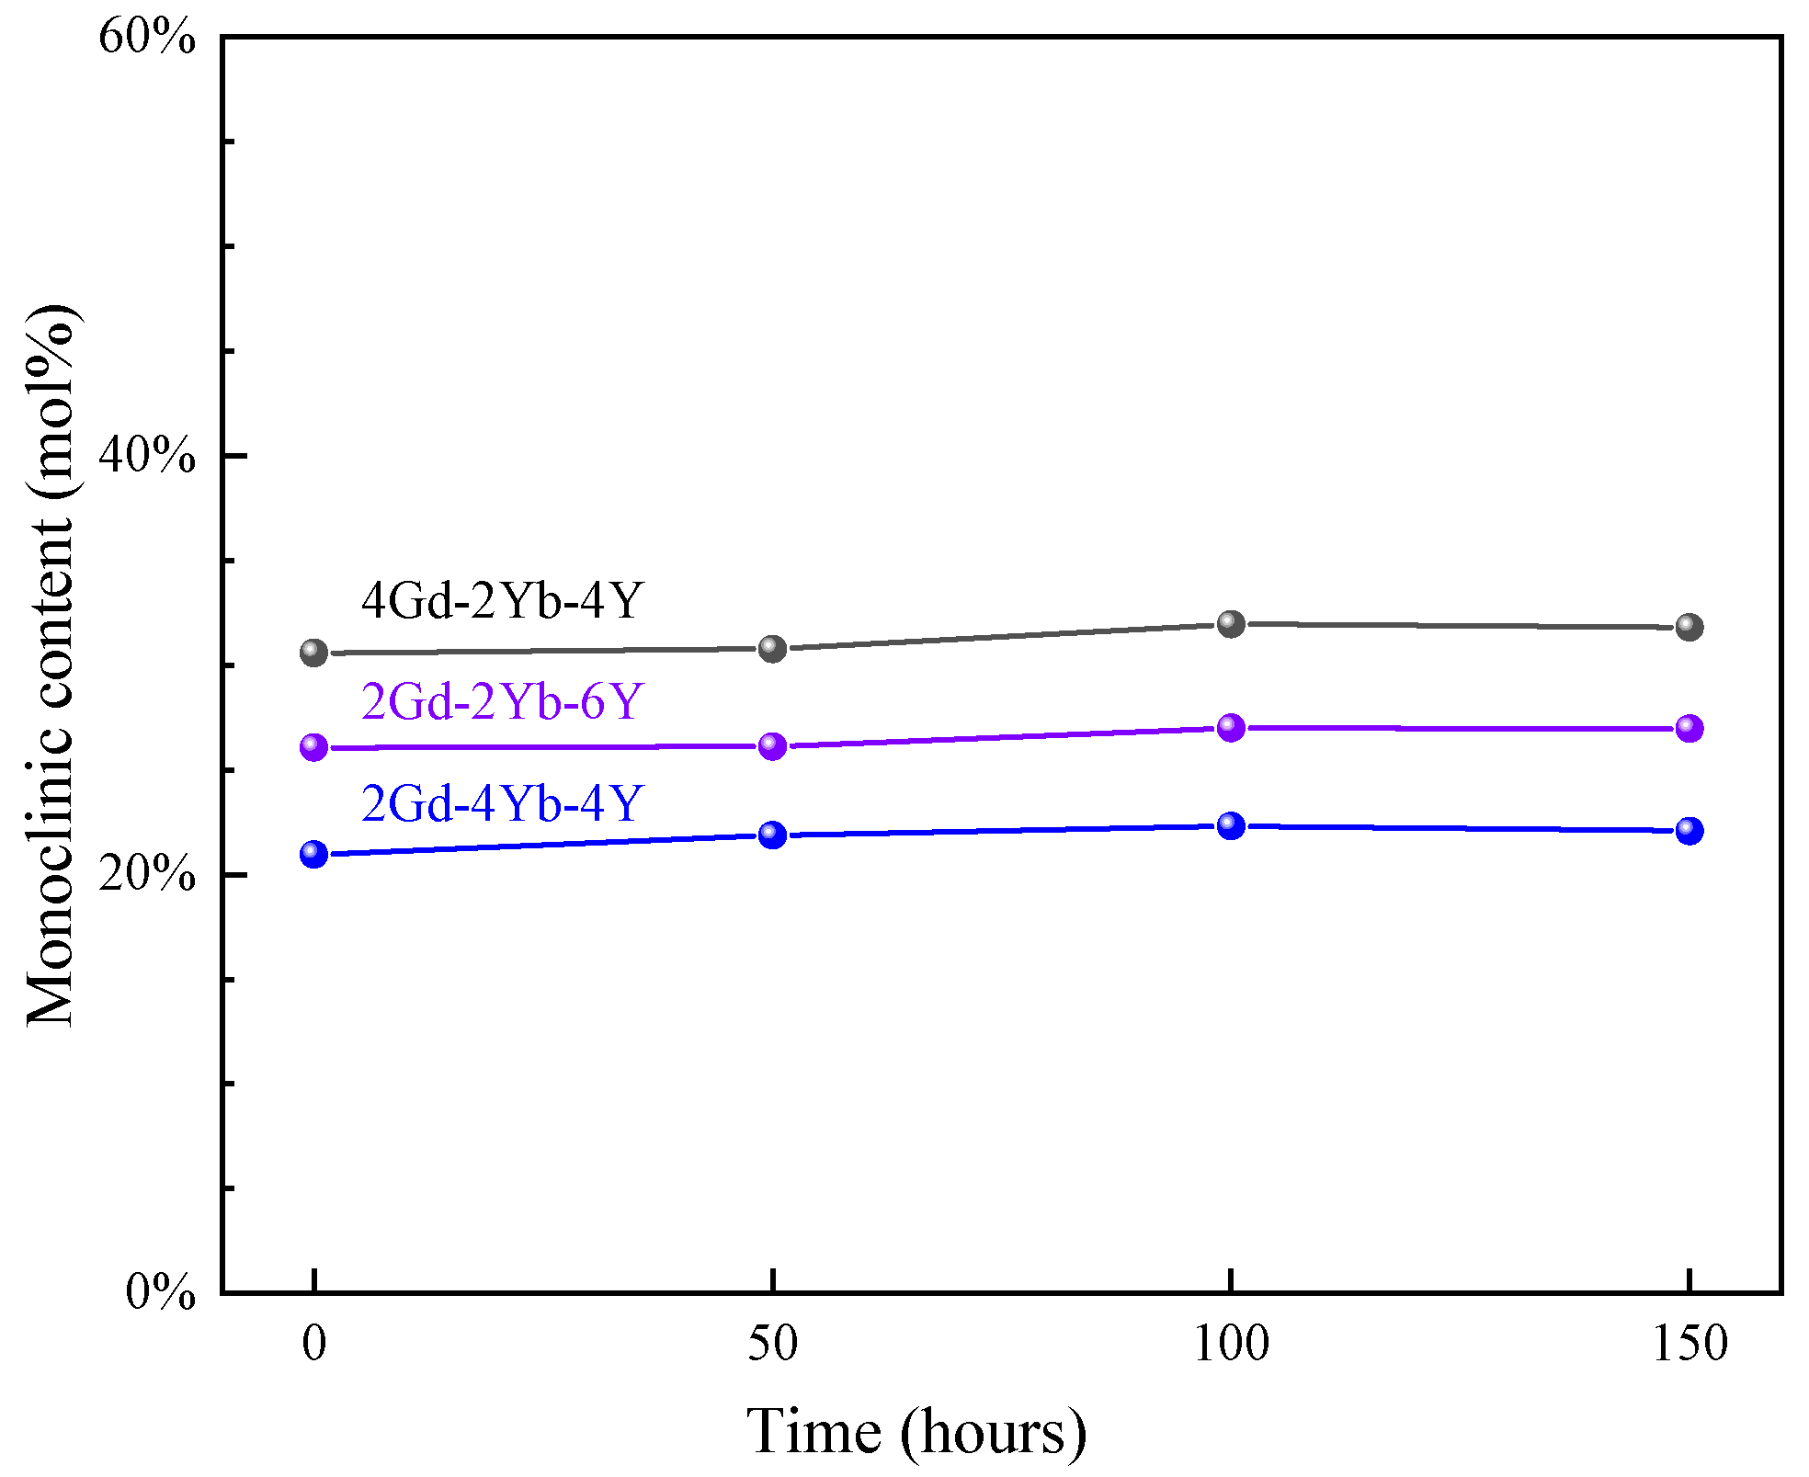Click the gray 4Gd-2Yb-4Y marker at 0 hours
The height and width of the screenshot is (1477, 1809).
[x=313, y=653]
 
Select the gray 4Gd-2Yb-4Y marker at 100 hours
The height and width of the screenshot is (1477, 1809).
[x=1231, y=624]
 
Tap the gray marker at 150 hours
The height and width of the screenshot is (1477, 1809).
[x=1689, y=627]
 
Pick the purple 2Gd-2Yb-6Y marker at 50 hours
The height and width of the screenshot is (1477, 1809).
[x=772, y=745]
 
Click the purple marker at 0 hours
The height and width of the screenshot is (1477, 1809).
[x=313, y=747]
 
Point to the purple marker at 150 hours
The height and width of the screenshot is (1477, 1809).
[x=1689, y=728]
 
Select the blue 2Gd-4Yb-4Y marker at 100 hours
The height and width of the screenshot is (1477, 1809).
[x=1231, y=825]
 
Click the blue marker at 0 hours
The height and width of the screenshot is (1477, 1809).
[x=313, y=854]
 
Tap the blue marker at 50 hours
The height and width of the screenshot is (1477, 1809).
[x=772, y=835]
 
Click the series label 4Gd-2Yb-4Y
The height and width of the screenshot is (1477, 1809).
[x=502, y=600]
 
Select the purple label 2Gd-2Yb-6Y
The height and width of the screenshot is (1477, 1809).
[x=502, y=701]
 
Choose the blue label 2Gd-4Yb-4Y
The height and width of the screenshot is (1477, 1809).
[x=502, y=803]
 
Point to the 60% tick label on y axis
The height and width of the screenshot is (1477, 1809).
[x=147, y=39]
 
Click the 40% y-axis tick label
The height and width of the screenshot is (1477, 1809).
[x=147, y=455]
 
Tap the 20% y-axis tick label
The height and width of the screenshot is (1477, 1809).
[x=147, y=873]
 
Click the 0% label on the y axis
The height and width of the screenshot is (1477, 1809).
[x=160, y=1292]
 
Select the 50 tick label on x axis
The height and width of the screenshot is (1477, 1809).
[x=772, y=1344]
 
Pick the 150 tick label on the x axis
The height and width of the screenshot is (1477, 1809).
[x=1689, y=1344]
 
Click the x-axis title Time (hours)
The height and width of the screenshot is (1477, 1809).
[x=916, y=1432]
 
